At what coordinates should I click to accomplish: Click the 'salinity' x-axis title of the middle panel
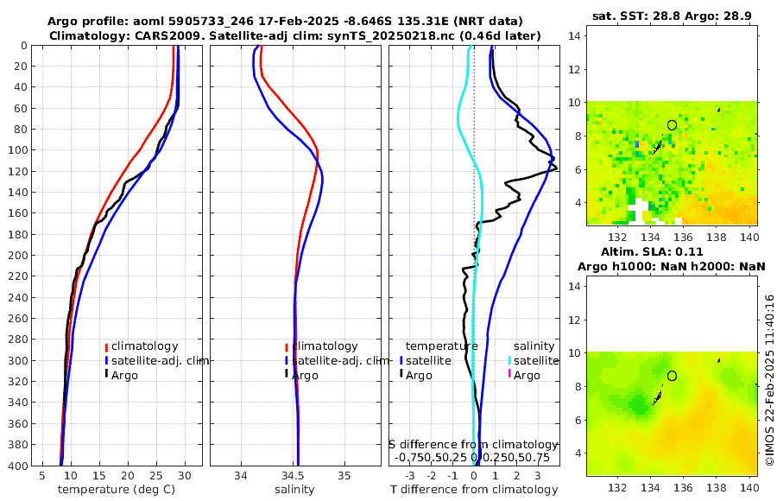click(294, 490)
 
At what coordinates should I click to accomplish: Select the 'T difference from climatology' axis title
click(474, 490)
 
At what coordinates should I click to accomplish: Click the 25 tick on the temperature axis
click(156, 475)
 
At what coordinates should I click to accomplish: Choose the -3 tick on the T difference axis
click(409, 475)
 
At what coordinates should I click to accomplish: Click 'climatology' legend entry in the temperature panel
click(144, 346)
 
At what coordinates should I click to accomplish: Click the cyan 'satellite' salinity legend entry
click(534, 360)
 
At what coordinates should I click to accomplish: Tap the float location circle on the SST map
click(672, 125)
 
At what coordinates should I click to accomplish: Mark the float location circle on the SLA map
click(672, 376)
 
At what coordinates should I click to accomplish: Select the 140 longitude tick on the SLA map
click(749, 488)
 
